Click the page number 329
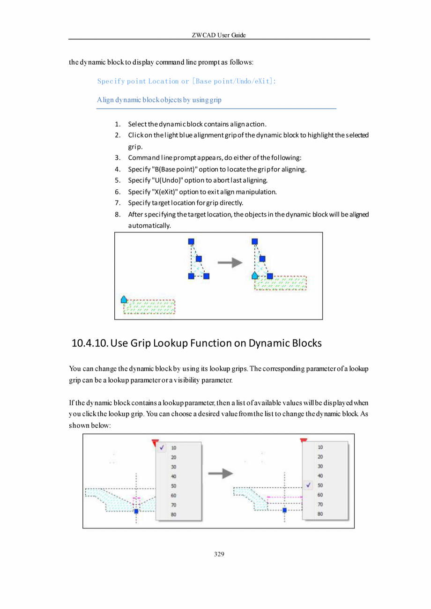(x=219, y=554)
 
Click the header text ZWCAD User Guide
(x=219, y=36)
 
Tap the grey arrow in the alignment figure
(x=230, y=263)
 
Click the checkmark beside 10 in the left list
(x=162, y=447)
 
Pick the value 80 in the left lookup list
(x=173, y=514)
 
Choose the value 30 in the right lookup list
(x=320, y=466)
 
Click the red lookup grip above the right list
(x=303, y=440)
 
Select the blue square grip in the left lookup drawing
(x=136, y=511)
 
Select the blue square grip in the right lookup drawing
(x=284, y=510)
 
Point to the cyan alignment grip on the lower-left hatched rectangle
(x=124, y=299)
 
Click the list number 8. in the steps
(x=118, y=215)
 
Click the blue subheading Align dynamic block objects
(x=159, y=100)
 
